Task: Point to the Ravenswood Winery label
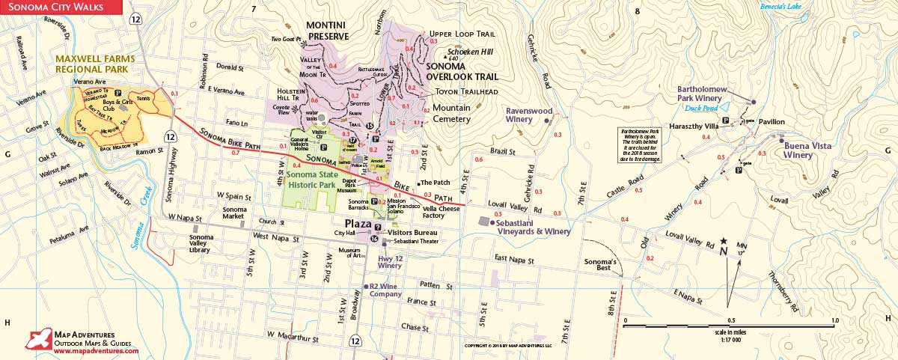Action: pos(529,115)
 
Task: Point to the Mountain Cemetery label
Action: pos(452,114)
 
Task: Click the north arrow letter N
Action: pos(723,251)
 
